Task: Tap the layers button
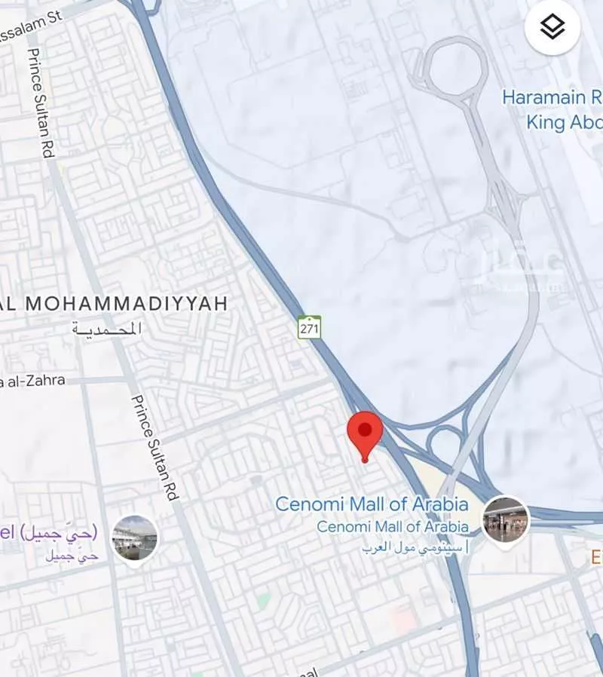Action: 552,27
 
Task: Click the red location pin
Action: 365,433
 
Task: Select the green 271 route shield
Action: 309,327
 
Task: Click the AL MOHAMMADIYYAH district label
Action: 113,304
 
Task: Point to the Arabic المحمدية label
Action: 107,329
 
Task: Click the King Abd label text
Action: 564,122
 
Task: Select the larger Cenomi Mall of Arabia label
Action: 372,504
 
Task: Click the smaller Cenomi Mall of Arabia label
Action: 392,527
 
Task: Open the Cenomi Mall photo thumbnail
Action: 506,519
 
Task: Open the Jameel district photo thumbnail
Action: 135,538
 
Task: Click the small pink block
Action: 404,620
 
